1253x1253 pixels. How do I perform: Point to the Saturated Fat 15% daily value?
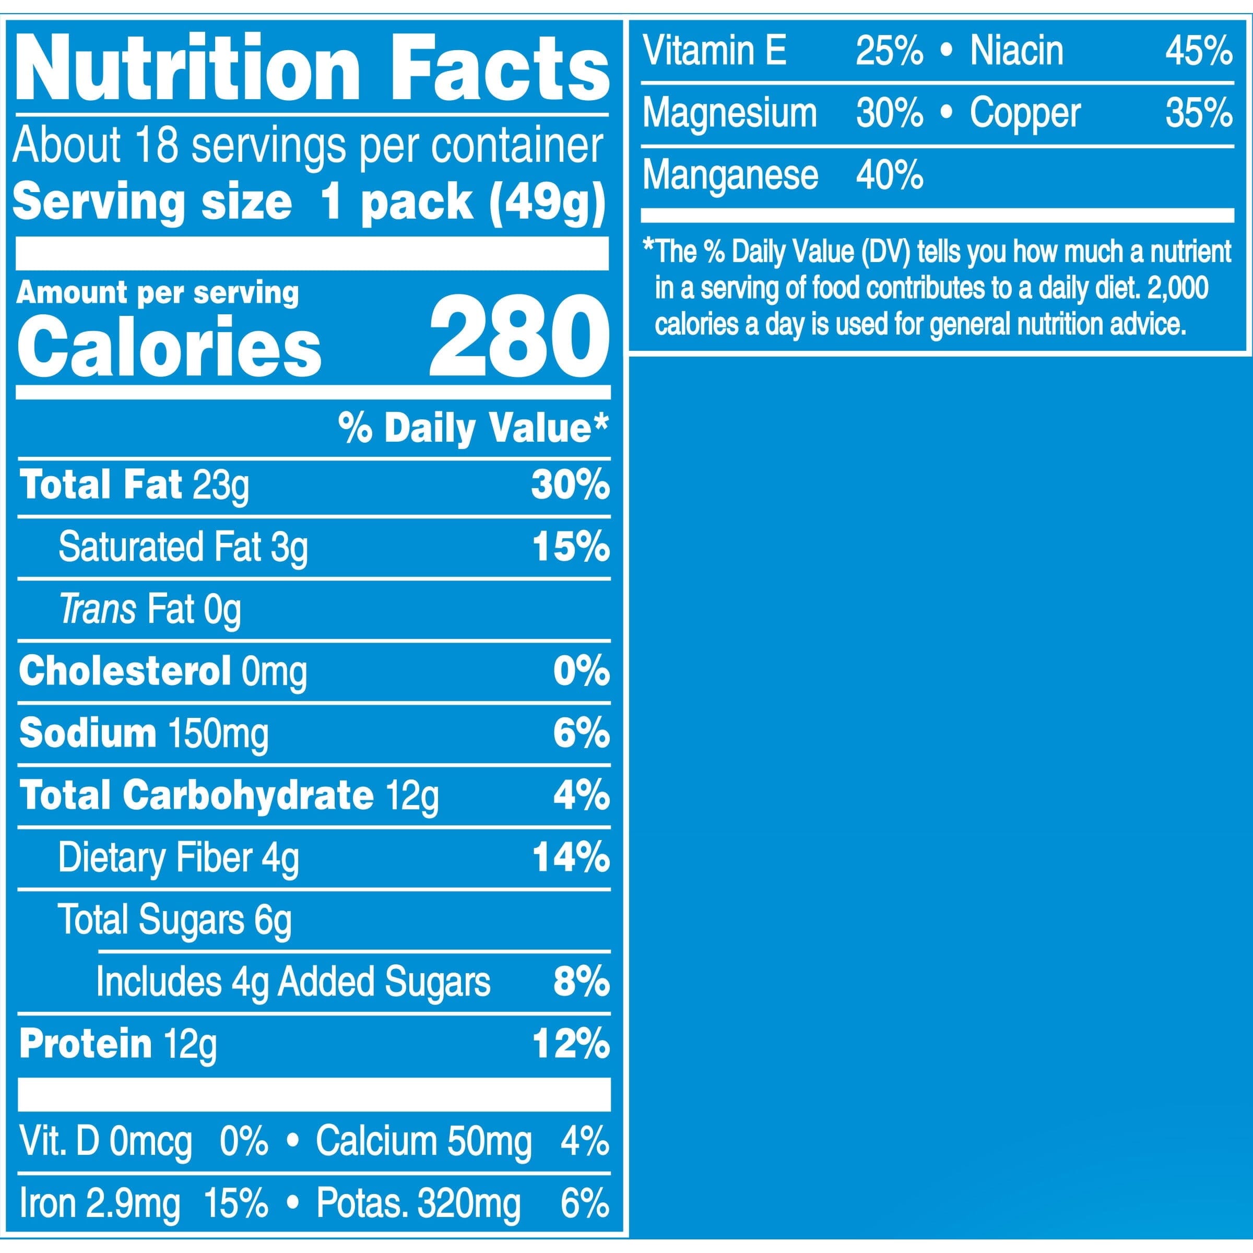pos(570,547)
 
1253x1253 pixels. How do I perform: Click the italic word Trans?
pos(97,609)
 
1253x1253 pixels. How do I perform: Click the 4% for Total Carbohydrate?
pos(581,796)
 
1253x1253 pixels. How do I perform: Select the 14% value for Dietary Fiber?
pos(570,857)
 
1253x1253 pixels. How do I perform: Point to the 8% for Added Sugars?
pos(581,982)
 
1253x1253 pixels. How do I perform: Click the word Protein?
pos(86,1044)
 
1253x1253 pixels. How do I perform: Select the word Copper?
pos(1025,113)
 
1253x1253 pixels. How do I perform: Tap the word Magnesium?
pos(730,113)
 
